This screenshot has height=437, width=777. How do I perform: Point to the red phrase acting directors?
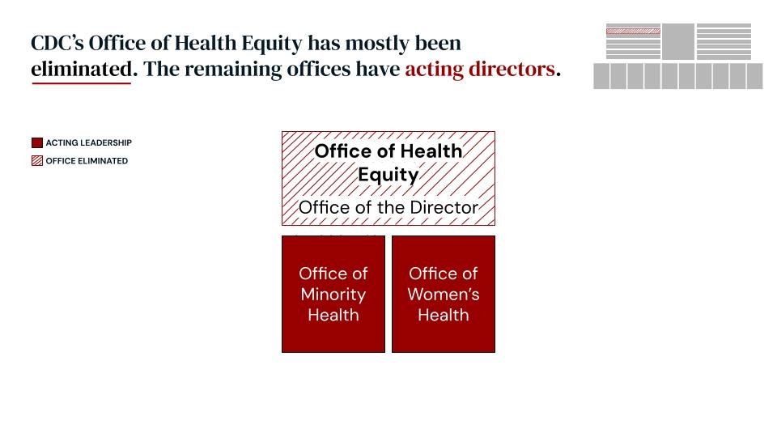click(x=480, y=70)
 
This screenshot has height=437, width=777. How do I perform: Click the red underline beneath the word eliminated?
click(x=81, y=83)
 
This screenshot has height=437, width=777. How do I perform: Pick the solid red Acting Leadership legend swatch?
click(x=36, y=143)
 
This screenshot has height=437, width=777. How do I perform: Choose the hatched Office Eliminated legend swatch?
click(x=36, y=161)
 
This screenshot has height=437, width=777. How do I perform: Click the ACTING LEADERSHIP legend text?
click(x=88, y=143)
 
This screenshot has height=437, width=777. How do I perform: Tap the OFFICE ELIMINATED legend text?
click(x=87, y=161)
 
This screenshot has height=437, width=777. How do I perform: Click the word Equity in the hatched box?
click(x=388, y=175)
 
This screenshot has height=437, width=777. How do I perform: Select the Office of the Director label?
click(x=388, y=207)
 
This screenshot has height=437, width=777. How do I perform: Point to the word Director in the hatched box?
click(x=444, y=207)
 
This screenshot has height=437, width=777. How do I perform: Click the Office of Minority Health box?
click(x=333, y=294)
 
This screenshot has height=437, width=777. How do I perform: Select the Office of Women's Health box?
click(x=444, y=294)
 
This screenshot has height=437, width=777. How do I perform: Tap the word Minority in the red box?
click(x=333, y=295)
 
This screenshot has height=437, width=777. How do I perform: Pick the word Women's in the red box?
click(x=444, y=295)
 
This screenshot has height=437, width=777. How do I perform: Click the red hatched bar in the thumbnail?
click(x=633, y=31)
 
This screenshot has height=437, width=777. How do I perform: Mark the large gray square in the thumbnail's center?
click(x=678, y=41)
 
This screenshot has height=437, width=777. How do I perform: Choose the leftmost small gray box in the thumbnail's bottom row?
click(x=601, y=76)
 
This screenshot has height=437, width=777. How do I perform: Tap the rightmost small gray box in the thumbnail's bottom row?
click(x=754, y=76)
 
